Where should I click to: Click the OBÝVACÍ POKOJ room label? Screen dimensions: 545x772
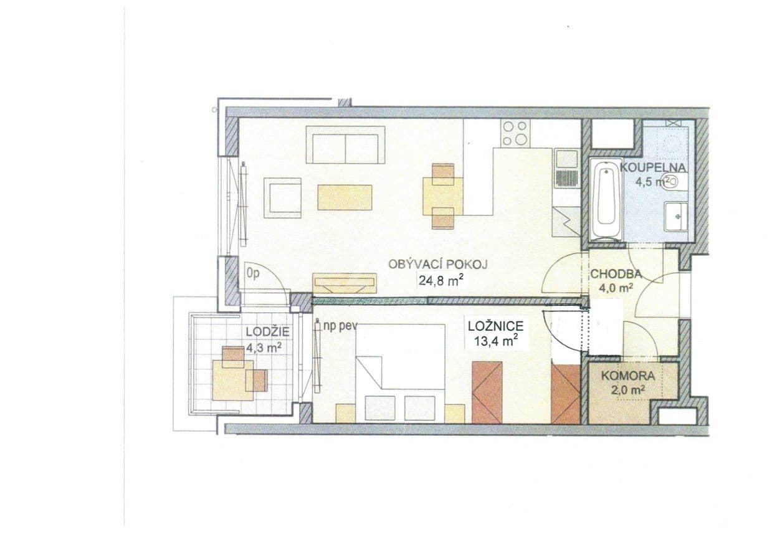[x=437, y=264]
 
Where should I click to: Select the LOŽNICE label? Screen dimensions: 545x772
[x=495, y=325]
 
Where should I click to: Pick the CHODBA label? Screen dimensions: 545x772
[x=616, y=273]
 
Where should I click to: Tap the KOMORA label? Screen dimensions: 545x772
[x=627, y=376]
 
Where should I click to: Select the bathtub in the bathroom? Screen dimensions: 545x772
[x=606, y=199]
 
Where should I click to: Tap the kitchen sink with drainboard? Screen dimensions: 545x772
[x=566, y=168]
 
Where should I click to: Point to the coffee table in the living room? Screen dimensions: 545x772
[x=345, y=197]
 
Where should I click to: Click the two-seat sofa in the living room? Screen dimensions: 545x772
[x=345, y=145]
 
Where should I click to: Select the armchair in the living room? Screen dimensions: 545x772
[x=283, y=197]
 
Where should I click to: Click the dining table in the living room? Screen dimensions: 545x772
[x=442, y=196]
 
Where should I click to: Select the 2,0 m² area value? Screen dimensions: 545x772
[x=627, y=389]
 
